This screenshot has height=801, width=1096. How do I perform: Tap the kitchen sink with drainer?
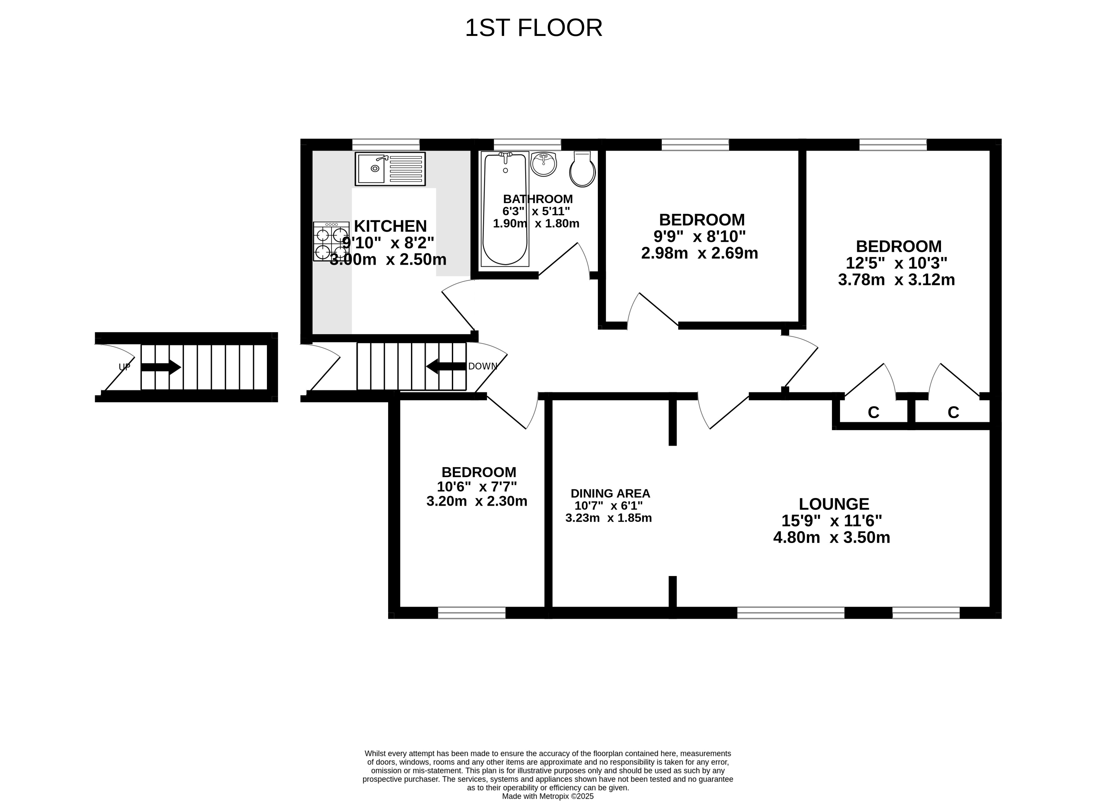pos(390,169)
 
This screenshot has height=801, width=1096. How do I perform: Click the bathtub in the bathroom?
pos(505,209)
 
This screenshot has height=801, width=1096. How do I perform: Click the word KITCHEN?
pos(390,226)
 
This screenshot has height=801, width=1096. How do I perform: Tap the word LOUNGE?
pos(834,504)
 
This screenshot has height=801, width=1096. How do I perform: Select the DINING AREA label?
pos(610,494)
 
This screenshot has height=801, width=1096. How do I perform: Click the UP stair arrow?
pos(161,367)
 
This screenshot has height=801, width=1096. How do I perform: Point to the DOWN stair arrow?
pos(446,366)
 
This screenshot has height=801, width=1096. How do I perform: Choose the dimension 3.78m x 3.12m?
pos(897,280)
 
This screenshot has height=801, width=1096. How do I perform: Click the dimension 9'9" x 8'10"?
pos(700,236)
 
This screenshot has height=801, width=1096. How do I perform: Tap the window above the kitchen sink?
pos(386,145)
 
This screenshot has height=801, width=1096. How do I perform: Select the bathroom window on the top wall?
pos(527,145)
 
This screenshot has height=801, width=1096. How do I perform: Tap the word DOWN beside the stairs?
pos(483,366)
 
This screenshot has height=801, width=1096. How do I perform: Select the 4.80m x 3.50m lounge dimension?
pos(832,538)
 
